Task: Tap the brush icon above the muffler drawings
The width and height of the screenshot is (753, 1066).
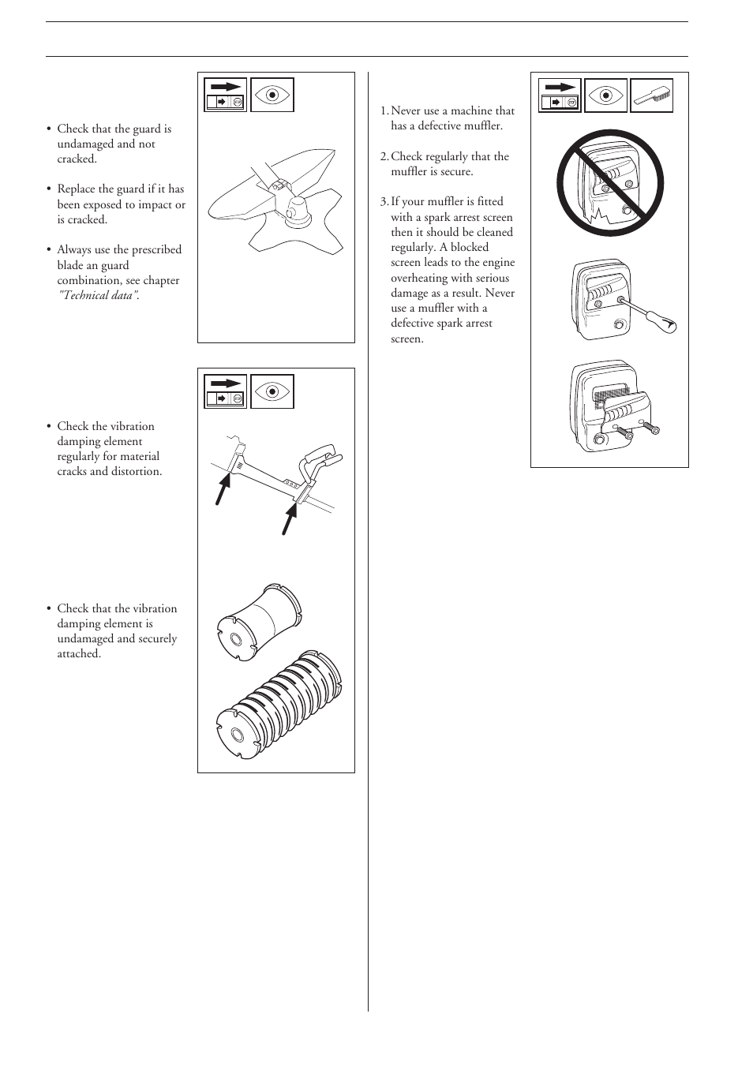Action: (652, 95)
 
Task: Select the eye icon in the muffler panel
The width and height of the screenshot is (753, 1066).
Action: (606, 95)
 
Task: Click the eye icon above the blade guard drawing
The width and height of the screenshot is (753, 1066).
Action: (272, 95)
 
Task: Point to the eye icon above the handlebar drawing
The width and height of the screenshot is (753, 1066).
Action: (272, 391)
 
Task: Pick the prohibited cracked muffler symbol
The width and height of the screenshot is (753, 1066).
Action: (609, 183)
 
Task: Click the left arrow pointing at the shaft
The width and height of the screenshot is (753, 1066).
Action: (222, 496)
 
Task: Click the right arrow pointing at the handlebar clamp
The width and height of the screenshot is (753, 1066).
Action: (290, 518)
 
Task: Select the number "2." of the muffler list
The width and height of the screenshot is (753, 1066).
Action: (384, 156)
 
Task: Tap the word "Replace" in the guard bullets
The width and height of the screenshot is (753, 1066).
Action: (78, 189)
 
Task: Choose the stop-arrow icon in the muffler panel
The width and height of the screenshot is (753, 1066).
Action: (560, 95)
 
